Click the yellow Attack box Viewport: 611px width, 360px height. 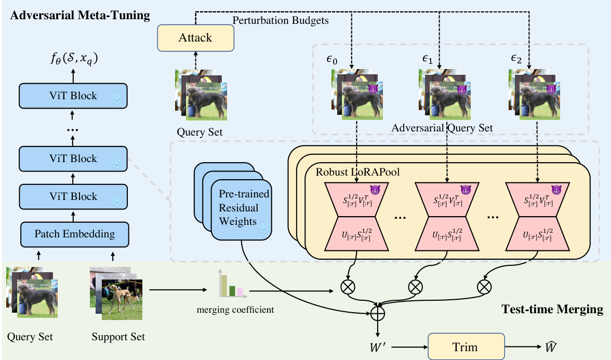[195, 38]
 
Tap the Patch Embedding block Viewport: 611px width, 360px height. [75, 234]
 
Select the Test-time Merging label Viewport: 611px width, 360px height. [552, 310]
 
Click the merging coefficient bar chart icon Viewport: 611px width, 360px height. [232, 284]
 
